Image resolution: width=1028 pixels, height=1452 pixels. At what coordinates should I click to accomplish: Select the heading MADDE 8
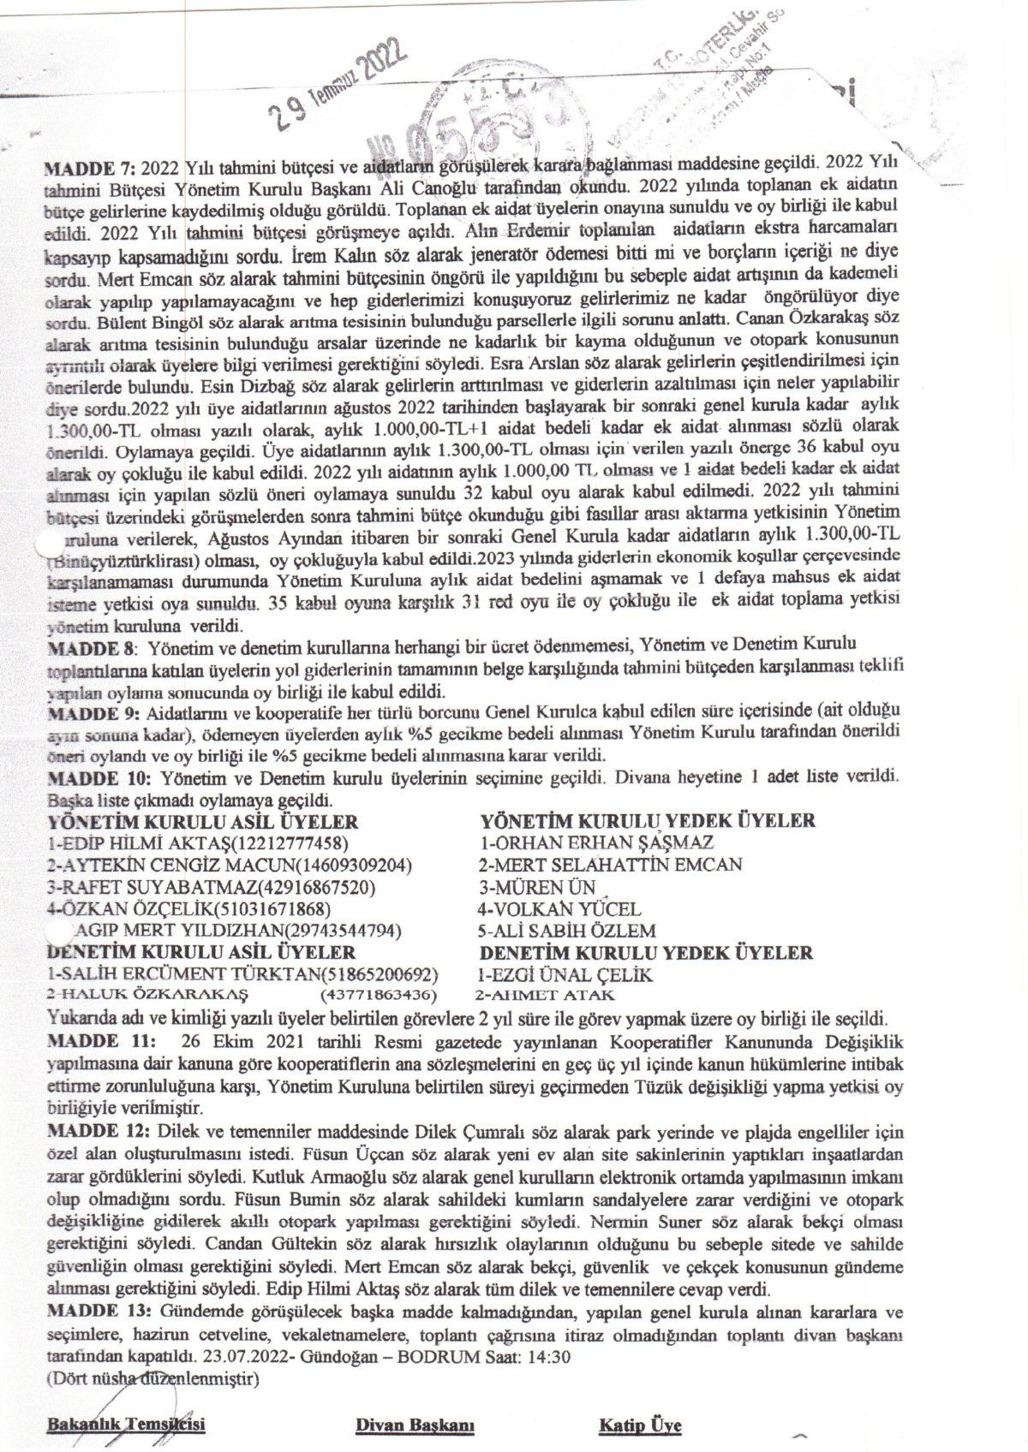click(92, 644)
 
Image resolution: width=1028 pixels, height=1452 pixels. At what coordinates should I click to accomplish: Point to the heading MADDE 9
click(92, 713)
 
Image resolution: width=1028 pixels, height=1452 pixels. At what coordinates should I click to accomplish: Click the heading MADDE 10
click(97, 778)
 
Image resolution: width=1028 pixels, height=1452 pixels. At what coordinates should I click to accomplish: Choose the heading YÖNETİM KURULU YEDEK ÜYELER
click(648, 821)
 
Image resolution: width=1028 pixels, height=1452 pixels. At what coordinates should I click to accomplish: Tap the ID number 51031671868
click(274, 908)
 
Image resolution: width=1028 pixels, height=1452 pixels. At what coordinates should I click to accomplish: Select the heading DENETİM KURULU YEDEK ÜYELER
click(646, 952)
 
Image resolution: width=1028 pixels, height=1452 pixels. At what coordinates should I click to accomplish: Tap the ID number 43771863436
click(378, 996)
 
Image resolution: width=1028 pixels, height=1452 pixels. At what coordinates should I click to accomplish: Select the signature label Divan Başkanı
click(415, 1425)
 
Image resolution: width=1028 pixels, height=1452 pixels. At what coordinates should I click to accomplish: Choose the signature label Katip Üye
click(640, 1425)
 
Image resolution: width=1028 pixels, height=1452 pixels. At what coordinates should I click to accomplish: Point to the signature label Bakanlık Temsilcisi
click(127, 1425)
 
